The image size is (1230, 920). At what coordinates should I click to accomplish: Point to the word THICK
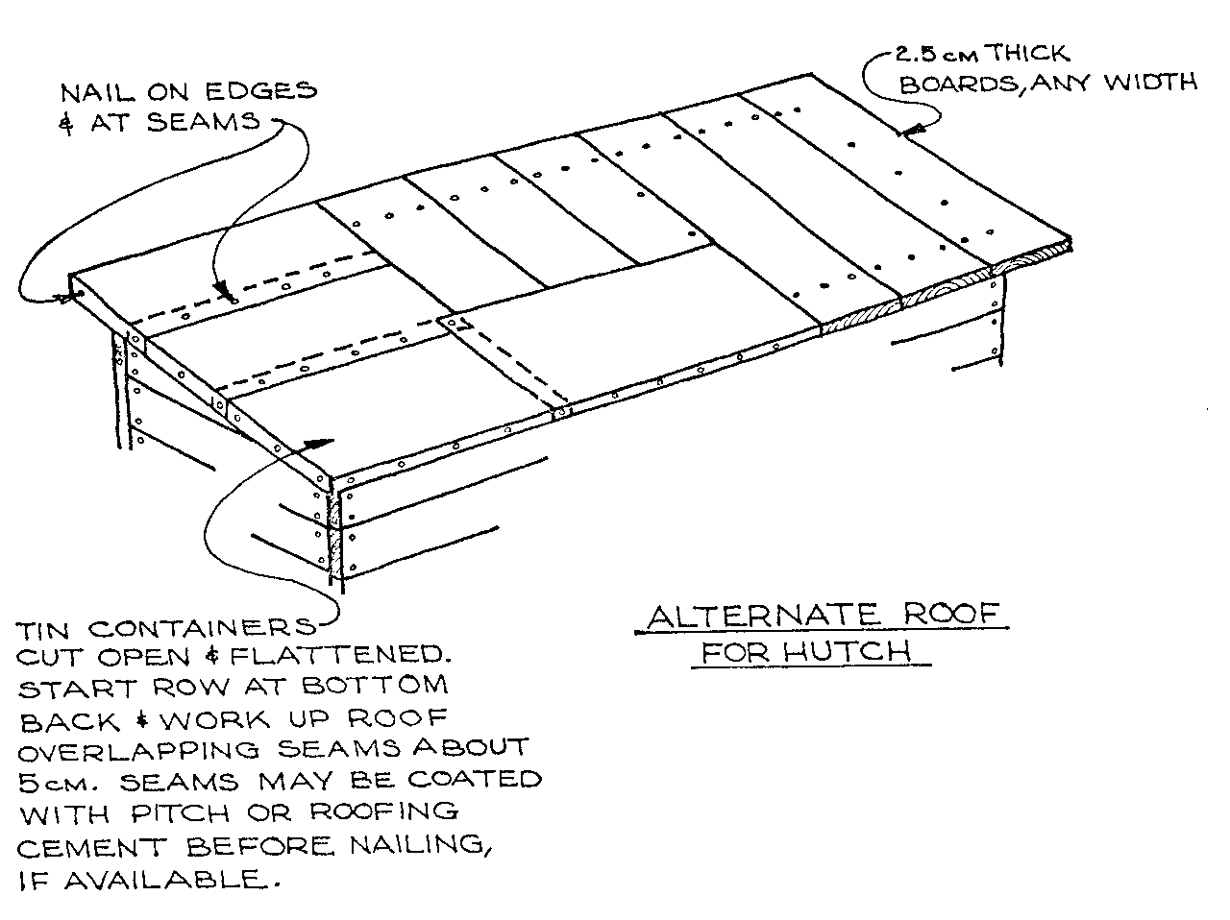pos(1027,53)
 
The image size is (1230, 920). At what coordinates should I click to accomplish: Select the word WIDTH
pos(1150,83)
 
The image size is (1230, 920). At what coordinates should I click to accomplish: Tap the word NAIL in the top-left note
pos(97,92)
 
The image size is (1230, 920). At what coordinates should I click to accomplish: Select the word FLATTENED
pos(339,654)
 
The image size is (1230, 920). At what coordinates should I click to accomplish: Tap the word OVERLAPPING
pos(139,751)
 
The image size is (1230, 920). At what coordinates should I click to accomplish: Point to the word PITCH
pos(181,813)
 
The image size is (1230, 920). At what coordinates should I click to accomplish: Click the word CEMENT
pos(92,848)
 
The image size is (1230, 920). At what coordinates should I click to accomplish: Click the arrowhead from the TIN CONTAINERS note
pos(319,443)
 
